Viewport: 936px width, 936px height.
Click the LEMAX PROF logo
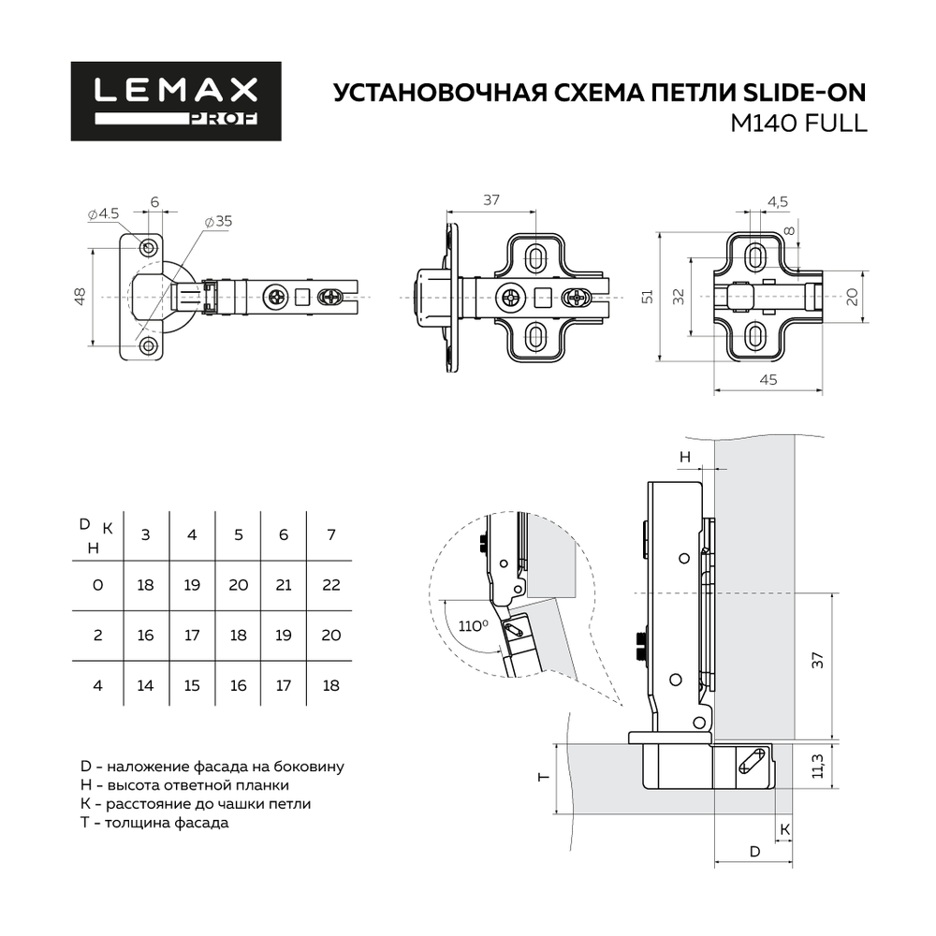176,101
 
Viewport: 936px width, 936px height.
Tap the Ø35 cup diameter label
219,222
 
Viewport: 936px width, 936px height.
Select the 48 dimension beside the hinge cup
81,296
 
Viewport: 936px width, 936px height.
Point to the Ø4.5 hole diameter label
103,213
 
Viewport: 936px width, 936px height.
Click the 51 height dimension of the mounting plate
645,296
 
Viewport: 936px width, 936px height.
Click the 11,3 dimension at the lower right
817,766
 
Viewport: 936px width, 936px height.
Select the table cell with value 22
330,585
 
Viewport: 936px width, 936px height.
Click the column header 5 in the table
239,534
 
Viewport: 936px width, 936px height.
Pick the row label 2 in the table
97,635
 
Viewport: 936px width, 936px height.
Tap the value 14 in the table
145,685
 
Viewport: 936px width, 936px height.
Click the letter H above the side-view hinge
685,457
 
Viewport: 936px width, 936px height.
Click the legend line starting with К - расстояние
197,804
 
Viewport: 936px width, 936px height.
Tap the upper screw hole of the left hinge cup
149,246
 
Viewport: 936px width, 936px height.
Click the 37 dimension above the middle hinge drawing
491,199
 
